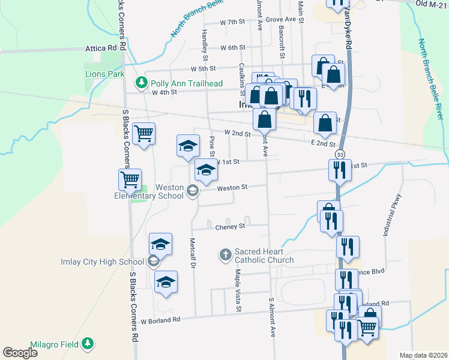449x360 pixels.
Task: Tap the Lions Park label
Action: pos(104,74)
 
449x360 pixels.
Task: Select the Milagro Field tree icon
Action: pos(88,343)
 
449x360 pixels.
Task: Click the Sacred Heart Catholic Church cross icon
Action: pos(225,256)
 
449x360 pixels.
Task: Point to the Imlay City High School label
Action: pos(103,261)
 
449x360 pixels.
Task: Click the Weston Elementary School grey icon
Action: pos(193,191)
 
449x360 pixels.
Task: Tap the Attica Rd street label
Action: pos(101,48)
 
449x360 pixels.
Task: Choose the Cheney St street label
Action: pos(231,227)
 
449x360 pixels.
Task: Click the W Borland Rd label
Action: pos(160,320)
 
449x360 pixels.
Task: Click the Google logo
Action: pos(20,353)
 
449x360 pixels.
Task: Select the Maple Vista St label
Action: pos(238,290)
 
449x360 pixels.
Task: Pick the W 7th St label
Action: pos(233,22)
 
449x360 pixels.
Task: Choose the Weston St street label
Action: pos(232,188)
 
